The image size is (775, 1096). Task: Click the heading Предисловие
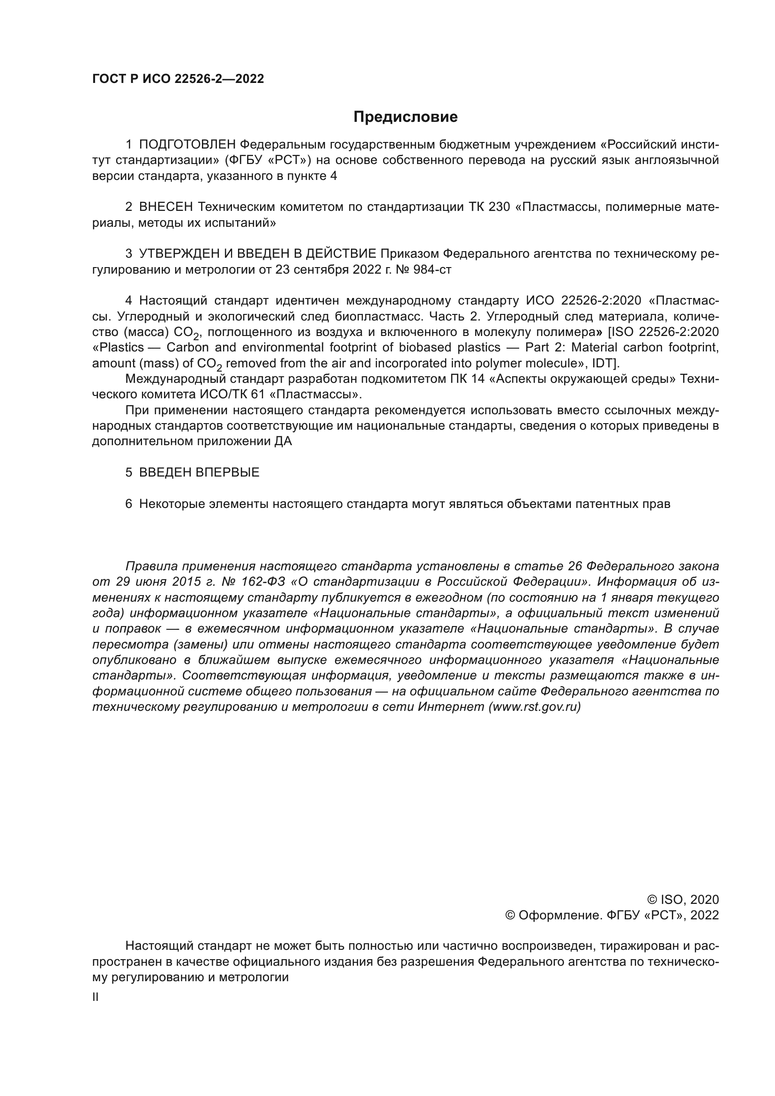coord(405,117)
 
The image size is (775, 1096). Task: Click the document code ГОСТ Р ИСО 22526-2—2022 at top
coord(178,79)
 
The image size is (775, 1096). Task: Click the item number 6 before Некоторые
coord(128,504)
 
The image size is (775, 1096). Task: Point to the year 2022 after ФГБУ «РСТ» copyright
coord(704,915)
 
